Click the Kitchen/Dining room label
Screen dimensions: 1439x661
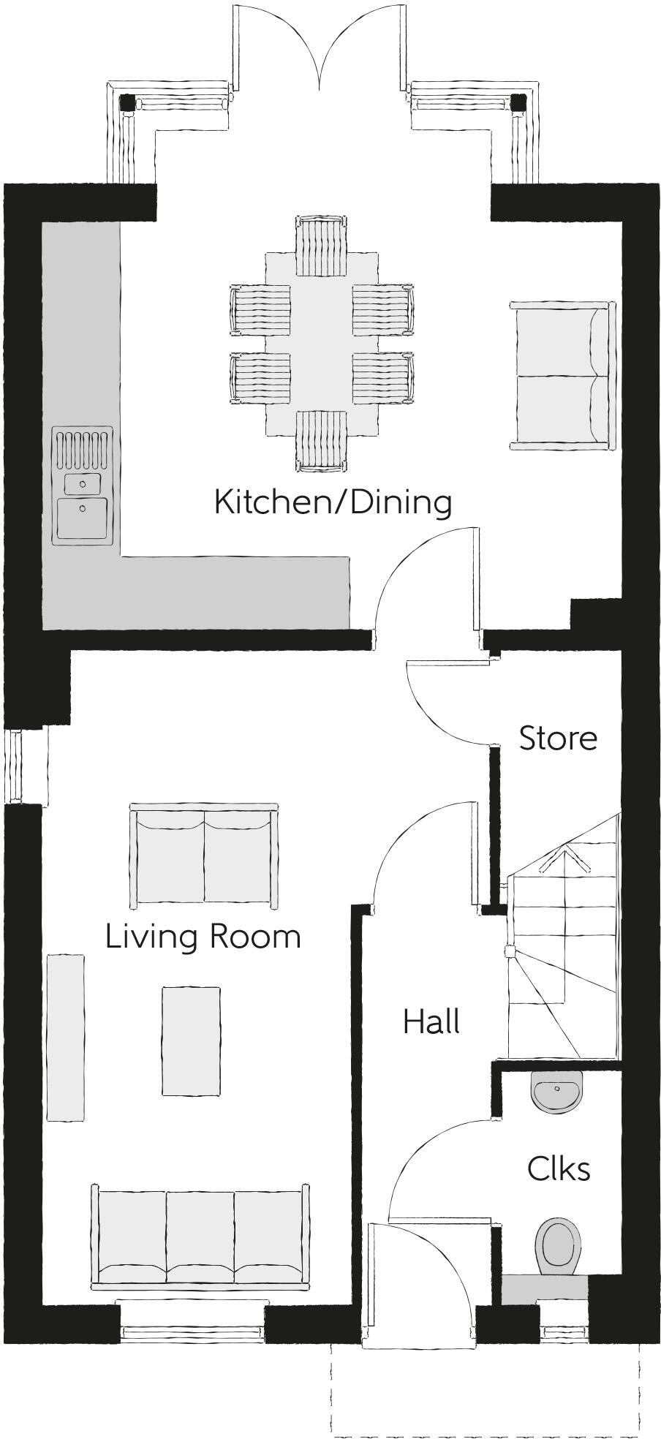[333, 503]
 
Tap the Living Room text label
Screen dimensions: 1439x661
[203, 937]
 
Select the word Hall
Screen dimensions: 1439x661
[431, 1021]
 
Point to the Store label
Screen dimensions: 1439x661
[558, 739]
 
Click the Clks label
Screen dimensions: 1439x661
[559, 1169]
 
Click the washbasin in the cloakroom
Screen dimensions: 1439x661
[557, 1091]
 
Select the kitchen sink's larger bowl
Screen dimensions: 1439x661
[83, 516]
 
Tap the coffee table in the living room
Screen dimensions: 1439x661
[191, 1041]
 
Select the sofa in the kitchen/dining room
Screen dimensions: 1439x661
[562, 376]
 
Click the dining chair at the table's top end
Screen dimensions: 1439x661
[320, 245]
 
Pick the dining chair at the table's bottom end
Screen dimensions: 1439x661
[321, 439]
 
